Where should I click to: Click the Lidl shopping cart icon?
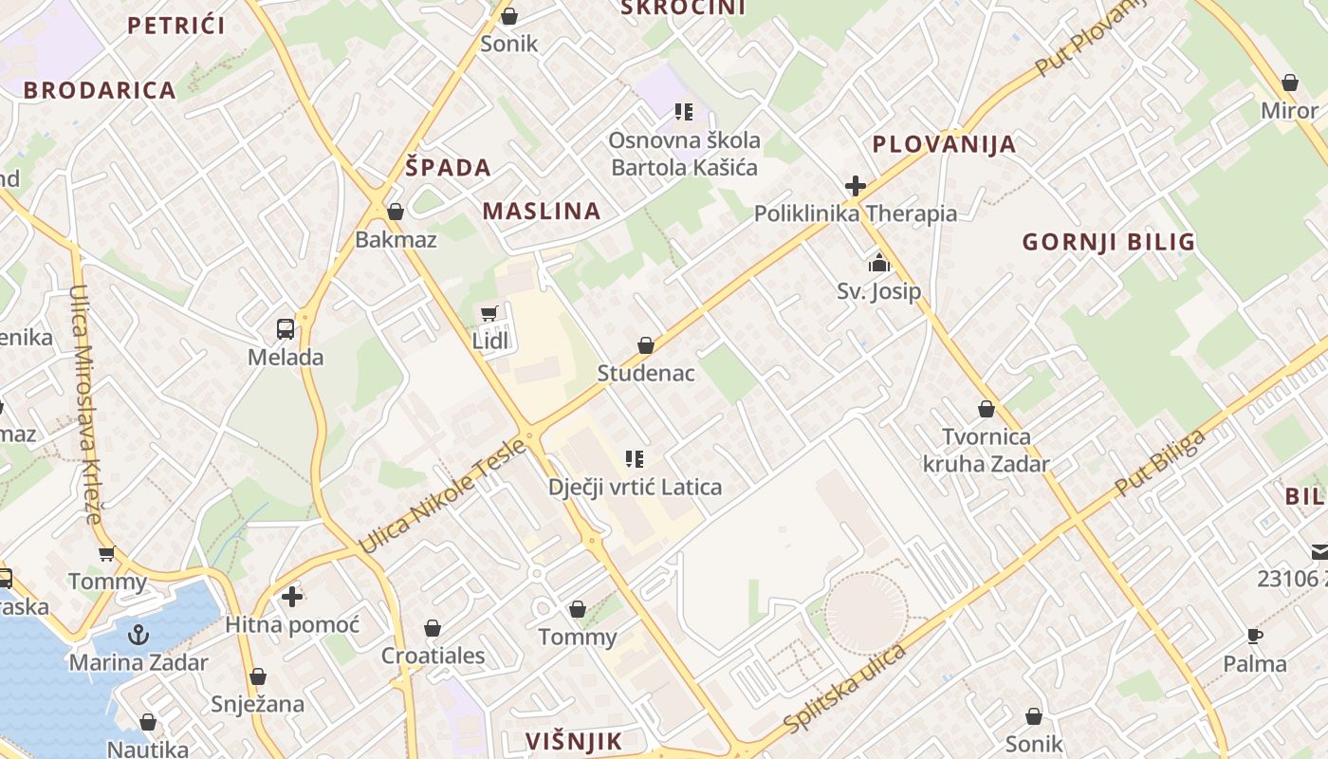489,313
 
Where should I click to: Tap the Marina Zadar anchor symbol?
139,634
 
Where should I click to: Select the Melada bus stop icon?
285,329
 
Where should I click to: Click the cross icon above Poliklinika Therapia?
855,185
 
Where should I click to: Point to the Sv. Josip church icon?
878,262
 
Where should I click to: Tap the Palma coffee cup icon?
1254,636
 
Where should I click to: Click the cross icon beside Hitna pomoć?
292,597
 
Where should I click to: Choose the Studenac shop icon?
646,345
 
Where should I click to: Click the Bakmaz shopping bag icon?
396,211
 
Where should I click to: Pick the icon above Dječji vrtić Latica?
635,459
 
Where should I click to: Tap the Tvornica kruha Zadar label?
987,451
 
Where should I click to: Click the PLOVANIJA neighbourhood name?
944,144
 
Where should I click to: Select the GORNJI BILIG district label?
1108,242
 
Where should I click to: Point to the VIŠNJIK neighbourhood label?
574,741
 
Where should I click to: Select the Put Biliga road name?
1160,463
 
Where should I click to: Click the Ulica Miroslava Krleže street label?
84,404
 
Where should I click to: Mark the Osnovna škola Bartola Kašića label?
684,154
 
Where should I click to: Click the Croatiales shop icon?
433,628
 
